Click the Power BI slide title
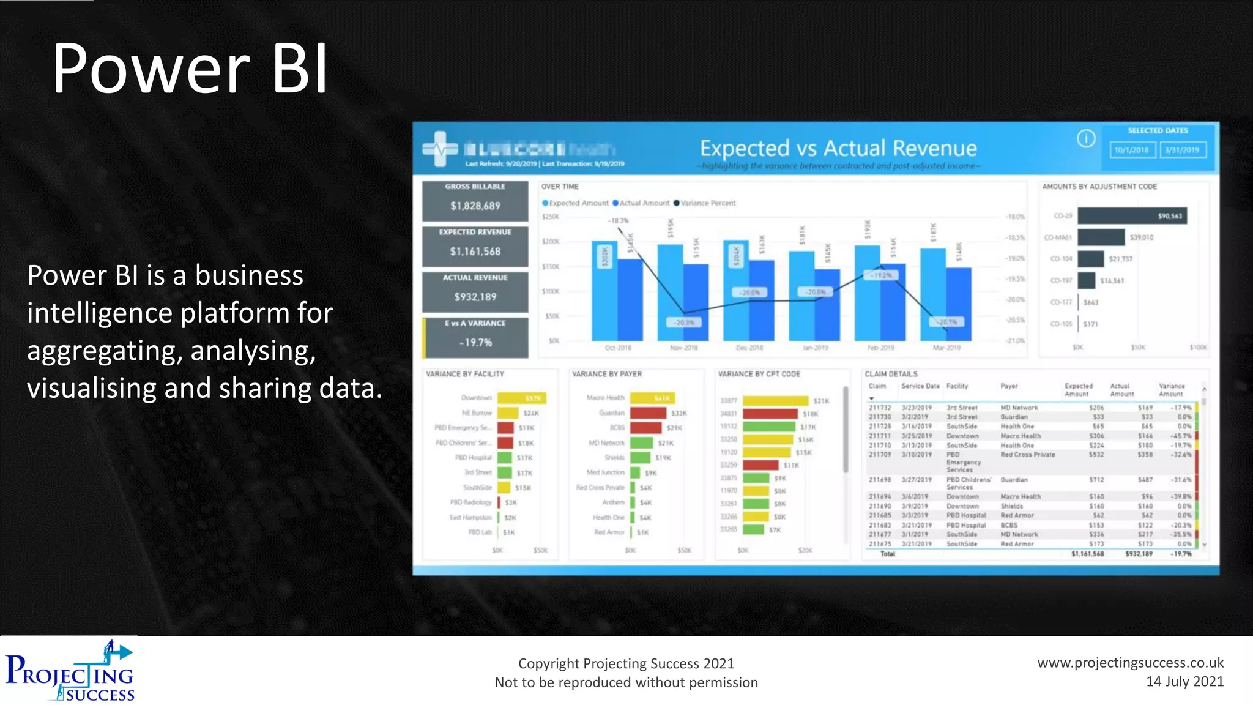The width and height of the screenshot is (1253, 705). (x=190, y=69)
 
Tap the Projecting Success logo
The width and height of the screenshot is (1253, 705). (x=70, y=671)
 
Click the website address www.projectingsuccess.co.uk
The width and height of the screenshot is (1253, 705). (x=1130, y=663)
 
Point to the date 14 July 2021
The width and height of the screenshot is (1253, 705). (x=1184, y=682)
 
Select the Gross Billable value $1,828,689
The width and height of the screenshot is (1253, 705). (x=475, y=206)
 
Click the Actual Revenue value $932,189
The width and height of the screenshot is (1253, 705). (x=475, y=297)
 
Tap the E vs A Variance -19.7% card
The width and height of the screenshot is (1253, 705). (x=475, y=337)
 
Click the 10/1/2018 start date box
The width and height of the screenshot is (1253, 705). (x=1132, y=150)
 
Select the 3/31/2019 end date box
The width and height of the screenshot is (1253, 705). (x=1182, y=150)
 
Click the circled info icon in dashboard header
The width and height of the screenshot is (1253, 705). (x=1086, y=139)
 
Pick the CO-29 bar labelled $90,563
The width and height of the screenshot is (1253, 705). (x=1132, y=216)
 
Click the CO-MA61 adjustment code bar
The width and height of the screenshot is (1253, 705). (x=1101, y=237)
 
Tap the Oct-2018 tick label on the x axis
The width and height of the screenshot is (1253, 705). (x=618, y=348)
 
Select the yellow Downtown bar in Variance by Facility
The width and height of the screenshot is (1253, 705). (x=521, y=398)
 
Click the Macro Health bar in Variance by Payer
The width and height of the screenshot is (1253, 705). (x=652, y=398)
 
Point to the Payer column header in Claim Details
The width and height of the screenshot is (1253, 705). (x=1009, y=386)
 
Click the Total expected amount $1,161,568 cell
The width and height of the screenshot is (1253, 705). (x=1087, y=554)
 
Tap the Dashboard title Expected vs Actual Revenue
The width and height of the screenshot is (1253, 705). (x=838, y=149)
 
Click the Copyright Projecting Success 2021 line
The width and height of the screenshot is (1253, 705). (x=626, y=663)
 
